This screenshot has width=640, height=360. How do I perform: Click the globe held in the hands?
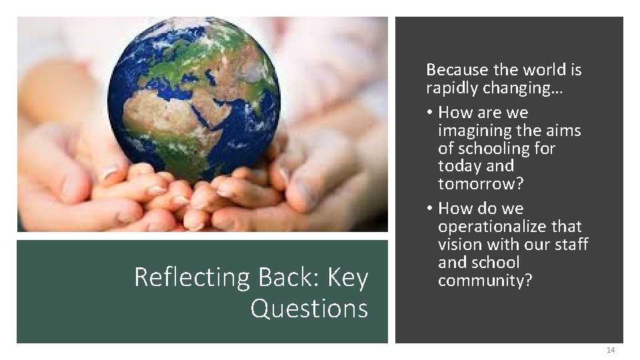[194, 100]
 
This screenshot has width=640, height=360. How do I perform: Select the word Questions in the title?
[309, 308]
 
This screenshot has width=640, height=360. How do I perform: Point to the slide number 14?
[611, 351]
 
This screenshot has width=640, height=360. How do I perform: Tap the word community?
[485, 281]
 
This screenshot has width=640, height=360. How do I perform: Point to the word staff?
[571, 245]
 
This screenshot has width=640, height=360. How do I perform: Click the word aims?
[565, 131]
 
